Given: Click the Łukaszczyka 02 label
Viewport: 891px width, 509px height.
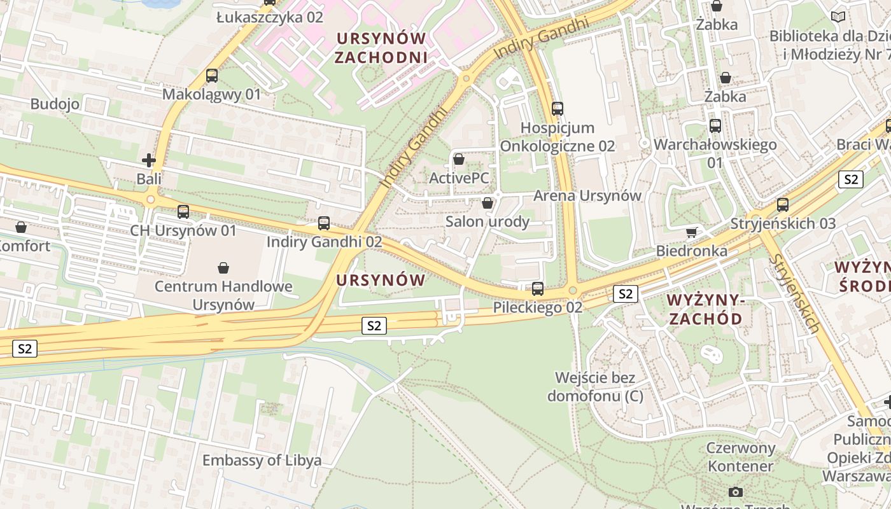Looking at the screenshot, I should (x=270, y=17).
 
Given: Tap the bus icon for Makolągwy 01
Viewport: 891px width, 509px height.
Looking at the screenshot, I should (x=212, y=76).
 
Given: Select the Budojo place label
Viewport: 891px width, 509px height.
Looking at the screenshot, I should (x=55, y=104).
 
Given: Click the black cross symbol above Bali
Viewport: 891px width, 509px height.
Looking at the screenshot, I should (x=149, y=160).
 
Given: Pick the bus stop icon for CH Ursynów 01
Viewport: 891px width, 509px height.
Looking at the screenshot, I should (x=183, y=212).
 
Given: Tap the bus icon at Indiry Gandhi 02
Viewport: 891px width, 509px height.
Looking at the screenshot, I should (x=324, y=223).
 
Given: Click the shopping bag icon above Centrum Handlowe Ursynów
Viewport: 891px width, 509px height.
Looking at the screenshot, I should (x=223, y=268).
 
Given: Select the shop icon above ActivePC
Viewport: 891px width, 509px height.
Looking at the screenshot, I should (x=458, y=159).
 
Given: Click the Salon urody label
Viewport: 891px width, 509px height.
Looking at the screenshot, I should (x=488, y=221).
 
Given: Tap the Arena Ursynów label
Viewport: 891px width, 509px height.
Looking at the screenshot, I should (x=587, y=195).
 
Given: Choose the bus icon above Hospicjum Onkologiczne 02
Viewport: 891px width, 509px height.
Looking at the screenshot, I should (x=558, y=109).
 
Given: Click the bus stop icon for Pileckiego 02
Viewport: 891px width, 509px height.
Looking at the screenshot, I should (x=538, y=289).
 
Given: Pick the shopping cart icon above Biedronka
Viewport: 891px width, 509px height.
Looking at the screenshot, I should (x=692, y=232).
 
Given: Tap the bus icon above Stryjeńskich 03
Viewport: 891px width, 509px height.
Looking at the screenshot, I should (x=783, y=205).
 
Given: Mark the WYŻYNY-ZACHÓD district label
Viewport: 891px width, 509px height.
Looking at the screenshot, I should (x=705, y=309).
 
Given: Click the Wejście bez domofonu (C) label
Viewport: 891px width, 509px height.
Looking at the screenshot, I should (x=595, y=387).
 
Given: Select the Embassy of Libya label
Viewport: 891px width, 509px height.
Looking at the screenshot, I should (x=262, y=460).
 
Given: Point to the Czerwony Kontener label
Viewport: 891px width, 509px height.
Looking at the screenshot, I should (x=741, y=457).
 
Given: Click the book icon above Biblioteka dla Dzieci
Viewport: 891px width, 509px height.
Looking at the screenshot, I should (x=839, y=17).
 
